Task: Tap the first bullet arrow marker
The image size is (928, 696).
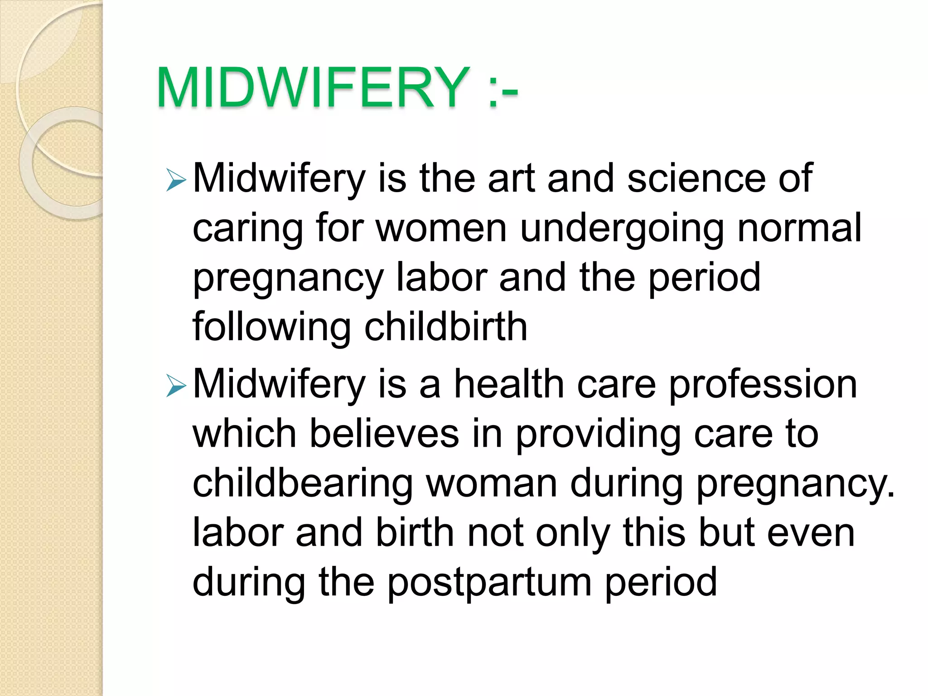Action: (176, 180)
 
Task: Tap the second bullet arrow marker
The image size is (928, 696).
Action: (176, 386)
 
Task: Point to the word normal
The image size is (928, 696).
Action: (799, 227)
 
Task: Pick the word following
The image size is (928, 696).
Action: (271, 327)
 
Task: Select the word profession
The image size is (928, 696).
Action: (763, 385)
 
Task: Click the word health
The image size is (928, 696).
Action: (509, 384)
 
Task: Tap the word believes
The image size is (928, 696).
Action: (384, 434)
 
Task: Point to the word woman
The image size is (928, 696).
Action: (491, 484)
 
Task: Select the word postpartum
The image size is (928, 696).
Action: (489, 583)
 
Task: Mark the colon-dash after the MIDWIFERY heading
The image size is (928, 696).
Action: (503, 87)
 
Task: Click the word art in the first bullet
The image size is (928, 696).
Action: (512, 178)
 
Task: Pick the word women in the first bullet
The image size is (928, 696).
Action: (441, 228)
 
